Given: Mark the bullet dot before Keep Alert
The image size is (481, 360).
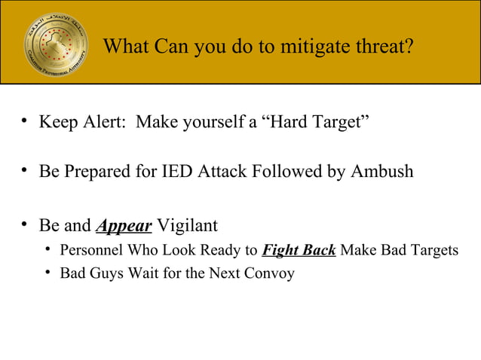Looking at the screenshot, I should pyautogui.click(x=25, y=121).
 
